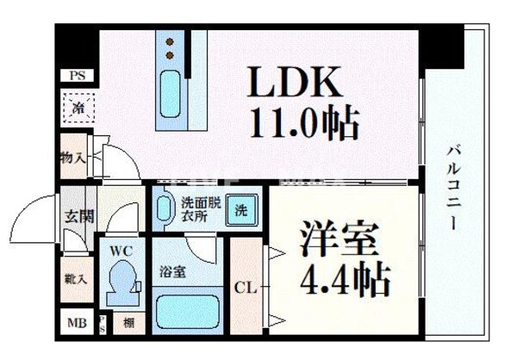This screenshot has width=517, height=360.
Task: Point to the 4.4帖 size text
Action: [x=344, y=279]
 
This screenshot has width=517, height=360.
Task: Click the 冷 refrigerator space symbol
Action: [x=77, y=109]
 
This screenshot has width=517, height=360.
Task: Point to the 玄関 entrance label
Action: [x=75, y=216]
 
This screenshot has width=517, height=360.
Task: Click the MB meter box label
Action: [x=75, y=326]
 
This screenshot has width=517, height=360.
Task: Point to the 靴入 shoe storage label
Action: [x=75, y=280]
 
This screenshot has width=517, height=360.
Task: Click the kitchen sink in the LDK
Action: [x=170, y=90]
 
